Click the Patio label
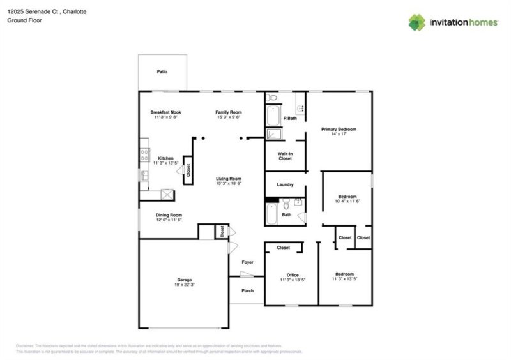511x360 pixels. click(x=162, y=72)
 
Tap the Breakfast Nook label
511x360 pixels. click(x=165, y=112)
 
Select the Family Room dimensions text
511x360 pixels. click(x=228, y=117)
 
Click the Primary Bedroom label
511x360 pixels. click(x=339, y=129)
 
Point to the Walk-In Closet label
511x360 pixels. click(x=285, y=156)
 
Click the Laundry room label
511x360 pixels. click(x=285, y=185)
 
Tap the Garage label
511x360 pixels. click(x=185, y=280)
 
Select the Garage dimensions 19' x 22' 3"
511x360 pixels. click(x=185, y=285)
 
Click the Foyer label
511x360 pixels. click(x=247, y=262)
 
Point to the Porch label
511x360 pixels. click(x=247, y=290)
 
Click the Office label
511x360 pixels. click(x=293, y=275)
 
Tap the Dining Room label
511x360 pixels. click(x=169, y=215)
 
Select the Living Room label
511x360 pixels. click(x=228, y=179)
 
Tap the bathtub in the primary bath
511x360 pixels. click(x=273, y=116)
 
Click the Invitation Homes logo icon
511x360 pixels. click(x=417, y=22)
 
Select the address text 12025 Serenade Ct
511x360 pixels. click(x=32, y=11)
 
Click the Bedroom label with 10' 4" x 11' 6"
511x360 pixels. click(x=347, y=196)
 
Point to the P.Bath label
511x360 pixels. click(x=290, y=118)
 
